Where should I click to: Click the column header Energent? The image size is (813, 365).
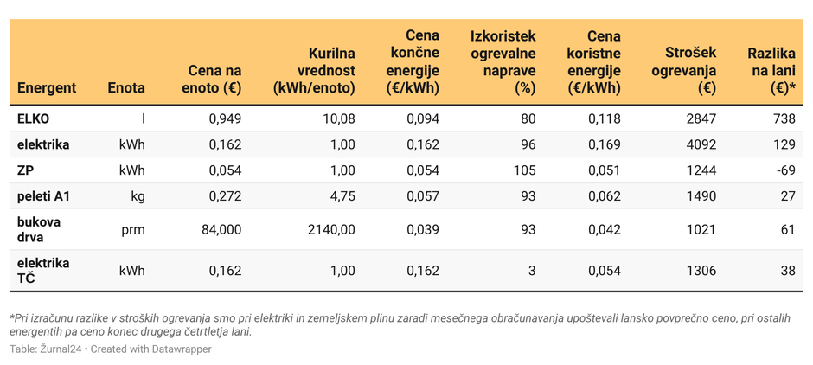pos(47,87)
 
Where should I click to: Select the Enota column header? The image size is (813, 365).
pos(126,87)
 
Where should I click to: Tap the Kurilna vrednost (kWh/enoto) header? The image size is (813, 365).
pos(314,70)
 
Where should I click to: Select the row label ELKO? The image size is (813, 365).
pos(34,118)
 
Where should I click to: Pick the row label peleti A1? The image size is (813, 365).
pos(44,196)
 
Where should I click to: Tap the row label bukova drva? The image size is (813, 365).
pos(39,229)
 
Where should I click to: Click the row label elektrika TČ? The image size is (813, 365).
pos(43,270)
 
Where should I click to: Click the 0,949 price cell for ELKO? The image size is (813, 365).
pos(225,118)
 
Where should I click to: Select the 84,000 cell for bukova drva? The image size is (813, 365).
pos(221,229)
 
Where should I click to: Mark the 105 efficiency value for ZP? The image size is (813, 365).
pos(524,170)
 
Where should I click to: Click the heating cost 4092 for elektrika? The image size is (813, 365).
pos(701,144)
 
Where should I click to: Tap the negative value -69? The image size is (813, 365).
pos(785,170)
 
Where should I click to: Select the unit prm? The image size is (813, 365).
pos(133,229)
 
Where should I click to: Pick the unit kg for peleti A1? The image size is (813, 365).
pos(138,196)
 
